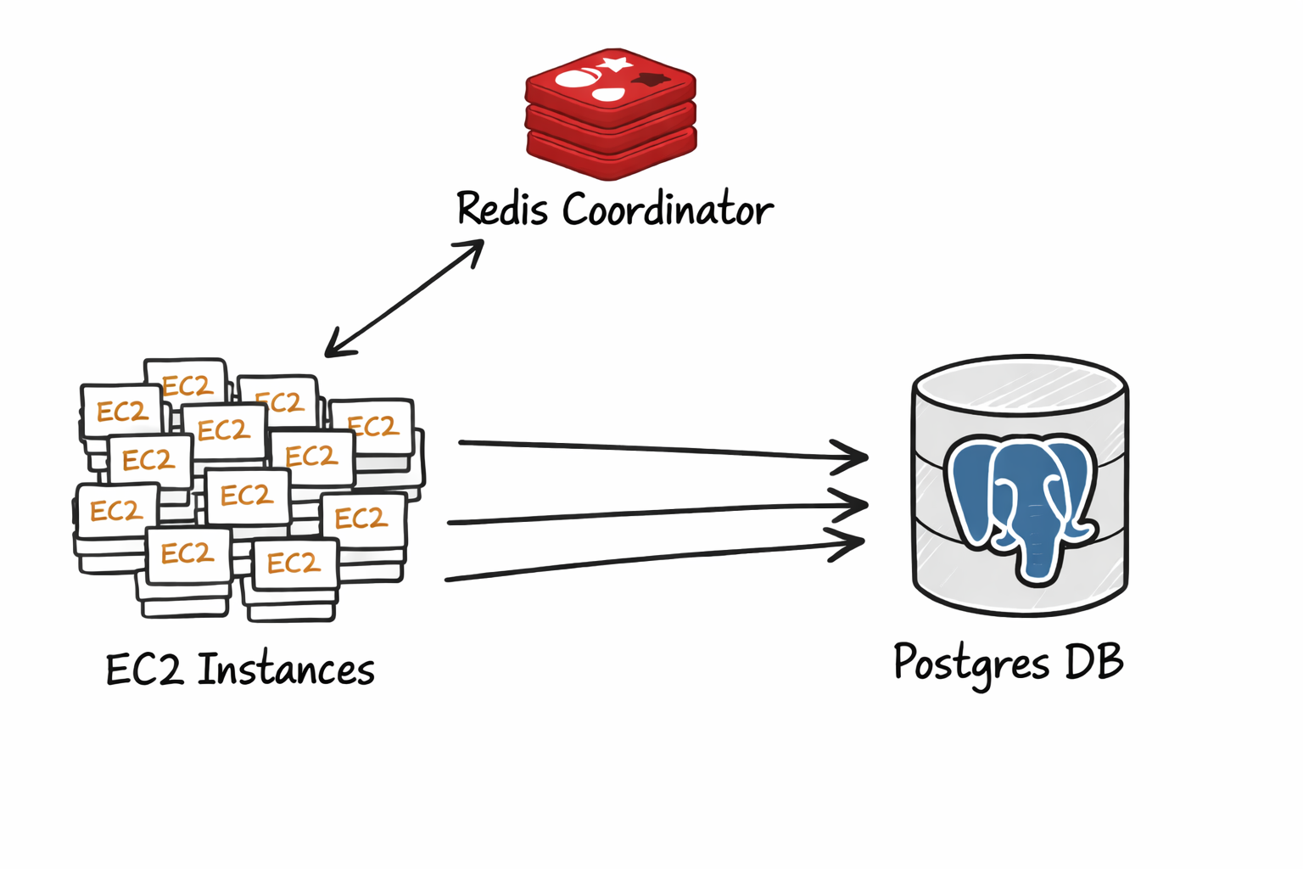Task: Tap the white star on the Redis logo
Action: click(614, 64)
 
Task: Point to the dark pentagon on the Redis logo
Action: click(651, 81)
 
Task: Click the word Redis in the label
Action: click(502, 208)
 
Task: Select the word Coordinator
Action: click(668, 209)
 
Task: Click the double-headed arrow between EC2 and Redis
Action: click(404, 298)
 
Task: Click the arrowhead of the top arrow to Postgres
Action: click(855, 457)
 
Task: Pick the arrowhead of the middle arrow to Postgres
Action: click(855, 504)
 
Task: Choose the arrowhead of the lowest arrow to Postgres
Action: click(852, 542)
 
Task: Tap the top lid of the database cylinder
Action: click(1020, 387)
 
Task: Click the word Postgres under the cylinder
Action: click(971, 664)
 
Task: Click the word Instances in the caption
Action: click(286, 670)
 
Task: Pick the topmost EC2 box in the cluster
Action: click(186, 382)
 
